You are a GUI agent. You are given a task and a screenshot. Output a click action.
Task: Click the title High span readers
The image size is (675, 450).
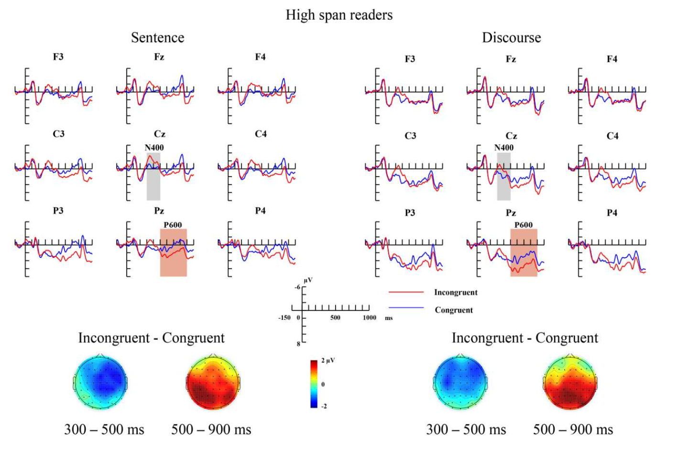pos(339,15)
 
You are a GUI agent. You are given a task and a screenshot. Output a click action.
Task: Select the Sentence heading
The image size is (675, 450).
pos(157,37)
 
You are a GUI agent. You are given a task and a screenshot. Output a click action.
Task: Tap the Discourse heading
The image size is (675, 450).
pos(511,37)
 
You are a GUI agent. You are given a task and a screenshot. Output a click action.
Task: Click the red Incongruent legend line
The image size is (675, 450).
pos(406,292)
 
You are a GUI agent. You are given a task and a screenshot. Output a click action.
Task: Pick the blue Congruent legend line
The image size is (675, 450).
pos(406,308)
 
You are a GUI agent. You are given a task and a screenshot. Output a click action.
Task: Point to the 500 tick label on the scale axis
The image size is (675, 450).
pos(335,318)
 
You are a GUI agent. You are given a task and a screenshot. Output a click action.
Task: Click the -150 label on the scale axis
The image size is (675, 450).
pos(284,318)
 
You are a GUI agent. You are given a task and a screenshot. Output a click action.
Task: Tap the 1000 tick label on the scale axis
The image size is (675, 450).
pos(369,318)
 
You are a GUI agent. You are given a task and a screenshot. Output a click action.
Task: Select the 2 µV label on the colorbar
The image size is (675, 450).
pos(328,360)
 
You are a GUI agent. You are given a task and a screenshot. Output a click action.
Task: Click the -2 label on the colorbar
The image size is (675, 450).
pos(324,406)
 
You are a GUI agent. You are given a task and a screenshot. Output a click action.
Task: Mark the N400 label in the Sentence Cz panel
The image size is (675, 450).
pos(154,148)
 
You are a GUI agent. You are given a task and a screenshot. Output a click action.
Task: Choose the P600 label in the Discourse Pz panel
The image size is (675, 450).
pos(523,225)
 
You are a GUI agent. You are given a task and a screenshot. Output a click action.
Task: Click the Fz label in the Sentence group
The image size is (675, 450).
pos(159,57)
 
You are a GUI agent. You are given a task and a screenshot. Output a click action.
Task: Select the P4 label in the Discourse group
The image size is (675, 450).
pos(612,213)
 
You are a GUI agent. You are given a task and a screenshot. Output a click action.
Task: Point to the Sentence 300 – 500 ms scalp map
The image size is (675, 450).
pos(101,382)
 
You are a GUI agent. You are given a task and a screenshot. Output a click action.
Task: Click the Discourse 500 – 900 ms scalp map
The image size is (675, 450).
pos(570,382)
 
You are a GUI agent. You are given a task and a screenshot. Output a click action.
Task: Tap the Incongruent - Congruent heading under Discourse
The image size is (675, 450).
pos(524,338)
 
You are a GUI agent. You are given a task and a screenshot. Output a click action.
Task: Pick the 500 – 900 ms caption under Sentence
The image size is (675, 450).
pos(211,429)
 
